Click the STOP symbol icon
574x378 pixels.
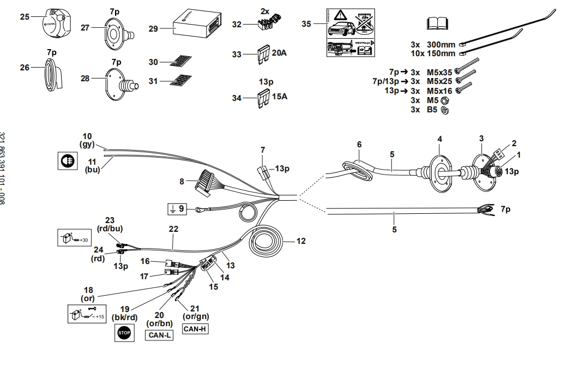124,333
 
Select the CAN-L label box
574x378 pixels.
160,335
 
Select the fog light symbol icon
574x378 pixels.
66,160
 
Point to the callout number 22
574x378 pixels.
173,230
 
